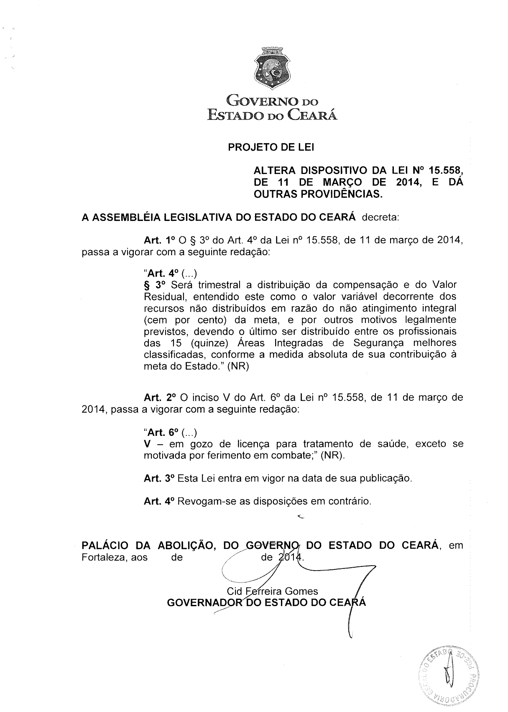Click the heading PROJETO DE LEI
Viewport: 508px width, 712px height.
click(271, 148)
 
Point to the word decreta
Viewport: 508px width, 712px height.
click(381, 218)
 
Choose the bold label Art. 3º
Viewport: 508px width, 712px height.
click(158, 478)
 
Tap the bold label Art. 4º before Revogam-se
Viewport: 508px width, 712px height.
click(158, 501)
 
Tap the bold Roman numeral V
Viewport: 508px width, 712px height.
click(147, 443)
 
